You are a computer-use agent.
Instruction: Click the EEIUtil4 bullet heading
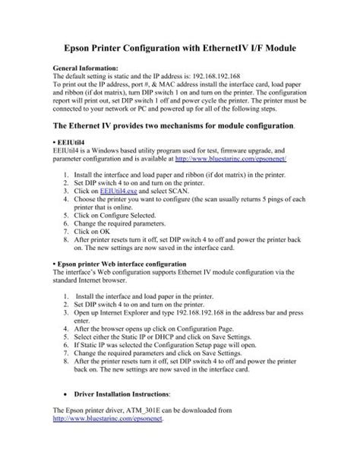click(x=70, y=142)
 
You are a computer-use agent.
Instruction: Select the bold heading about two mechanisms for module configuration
click(x=171, y=124)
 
